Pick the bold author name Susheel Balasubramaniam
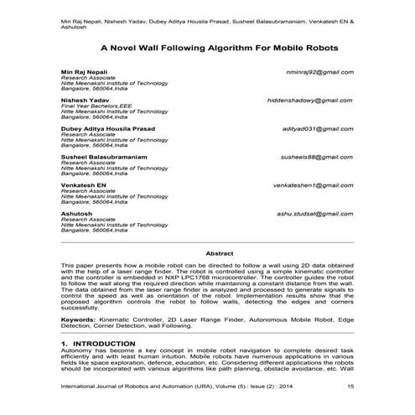pyautogui.click(x=105, y=157)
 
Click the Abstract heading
pyautogui.click(x=207, y=252)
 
